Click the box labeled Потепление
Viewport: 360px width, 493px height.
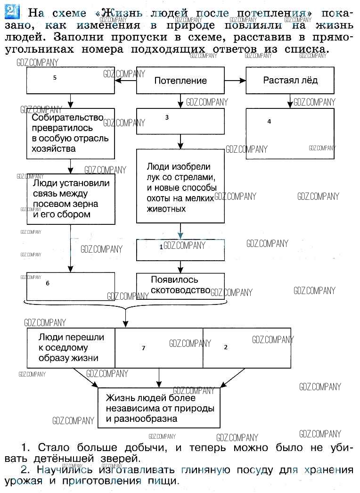(x=180, y=81)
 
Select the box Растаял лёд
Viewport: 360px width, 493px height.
(x=290, y=80)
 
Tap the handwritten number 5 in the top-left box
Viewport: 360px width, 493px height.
(x=55, y=78)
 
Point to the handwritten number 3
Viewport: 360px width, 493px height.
(x=167, y=118)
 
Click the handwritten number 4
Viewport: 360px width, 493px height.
(x=269, y=121)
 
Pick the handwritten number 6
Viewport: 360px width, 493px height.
(x=48, y=283)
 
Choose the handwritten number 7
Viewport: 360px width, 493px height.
(x=143, y=348)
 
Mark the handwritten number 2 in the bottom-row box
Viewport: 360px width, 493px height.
(x=226, y=347)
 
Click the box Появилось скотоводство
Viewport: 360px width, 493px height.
(x=180, y=285)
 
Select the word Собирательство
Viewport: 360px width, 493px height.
(x=67, y=117)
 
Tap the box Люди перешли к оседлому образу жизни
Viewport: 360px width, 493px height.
(x=71, y=347)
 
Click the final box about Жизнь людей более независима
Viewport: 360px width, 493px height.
(x=159, y=407)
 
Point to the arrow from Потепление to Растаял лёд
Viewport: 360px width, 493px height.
(x=236, y=81)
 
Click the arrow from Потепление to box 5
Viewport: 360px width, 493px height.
(x=126, y=81)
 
